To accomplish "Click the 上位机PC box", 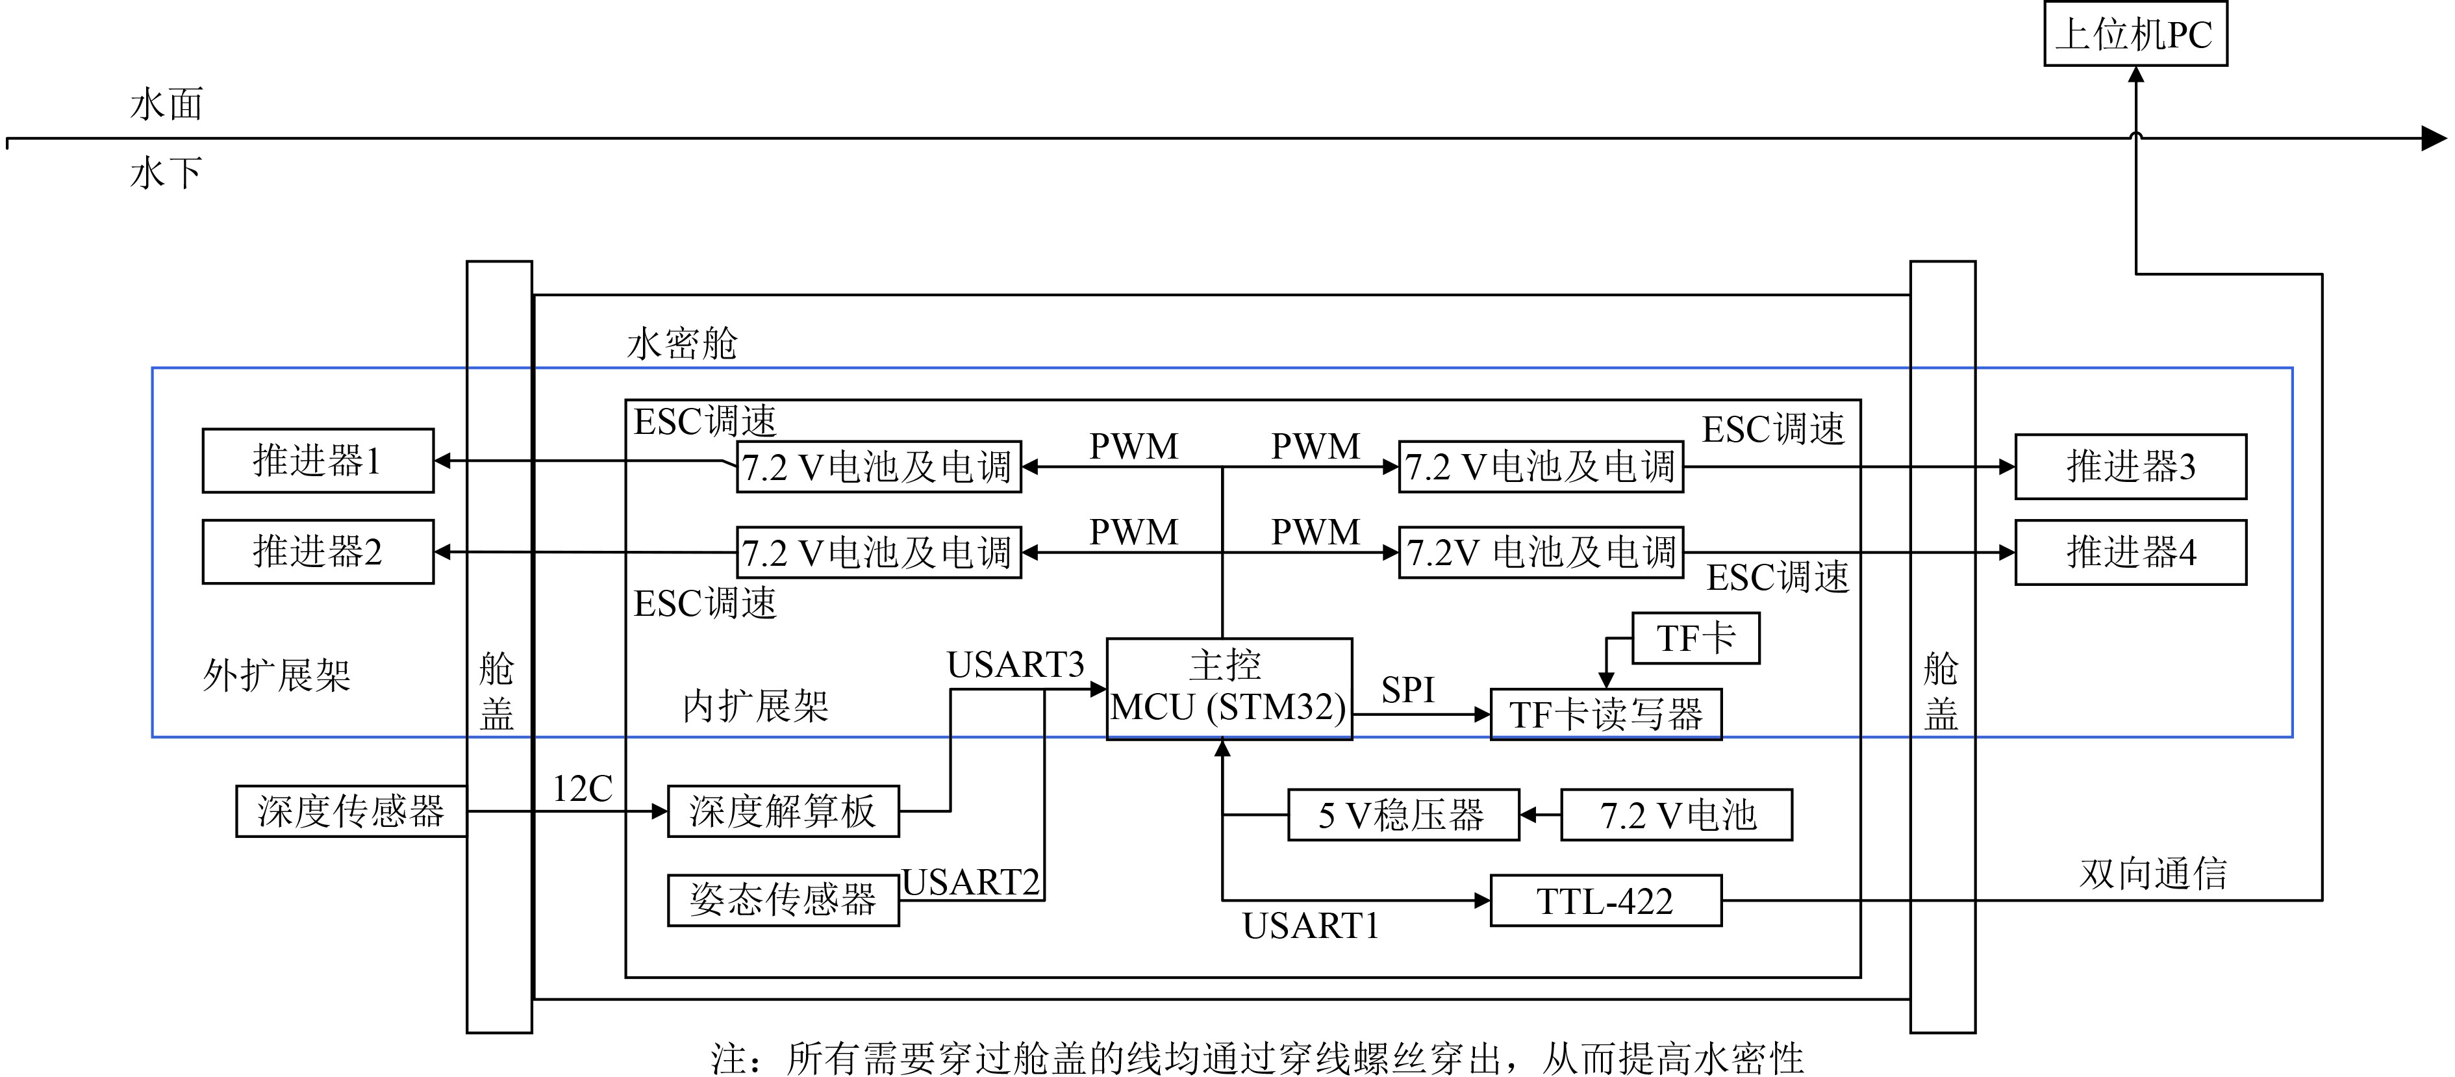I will click(2135, 34).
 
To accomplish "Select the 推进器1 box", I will click(318, 461).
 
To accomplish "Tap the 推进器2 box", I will click(318, 551).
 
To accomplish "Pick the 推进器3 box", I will click(2130, 466).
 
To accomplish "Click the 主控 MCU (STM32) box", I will click(1228, 688).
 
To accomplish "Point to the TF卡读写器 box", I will click(1605, 714).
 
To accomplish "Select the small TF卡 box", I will click(1694, 638).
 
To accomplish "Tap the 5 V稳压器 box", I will click(1402, 815).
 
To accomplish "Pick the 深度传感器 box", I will click(351, 811).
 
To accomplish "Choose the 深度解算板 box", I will click(783, 811).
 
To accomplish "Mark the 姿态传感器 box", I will click(783, 900).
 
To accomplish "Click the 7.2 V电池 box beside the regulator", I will click(1676, 815).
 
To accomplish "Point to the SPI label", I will click(1407, 690).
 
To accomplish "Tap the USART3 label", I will click(1015, 665).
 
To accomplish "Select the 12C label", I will click(583, 788).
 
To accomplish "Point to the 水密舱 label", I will click(683, 343).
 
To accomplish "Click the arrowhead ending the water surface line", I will click(2433, 139).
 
